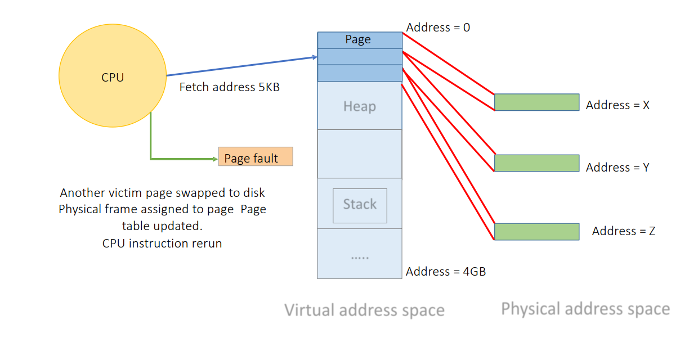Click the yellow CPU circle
[x=113, y=77]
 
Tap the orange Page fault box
[x=256, y=157]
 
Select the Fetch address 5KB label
[x=230, y=87]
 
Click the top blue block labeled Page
[x=360, y=40]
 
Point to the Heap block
[x=360, y=106]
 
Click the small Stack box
[x=360, y=205]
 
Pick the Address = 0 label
[x=438, y=27]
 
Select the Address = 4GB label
[x=445, y=271]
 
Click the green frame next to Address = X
[x=536, y=102]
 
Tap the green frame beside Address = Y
[x=536, y=163]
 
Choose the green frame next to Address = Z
[x=536, y=232]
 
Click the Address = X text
[x=618, y=105]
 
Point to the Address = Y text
[x=618, y=167]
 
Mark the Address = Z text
[x=623, y=231]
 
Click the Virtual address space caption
[x=364, y=310]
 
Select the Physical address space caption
[x=585, y=309]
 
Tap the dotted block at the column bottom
[x=360, y=254]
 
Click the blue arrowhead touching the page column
[x=314, y=57]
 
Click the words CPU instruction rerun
[x=162, y=244]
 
